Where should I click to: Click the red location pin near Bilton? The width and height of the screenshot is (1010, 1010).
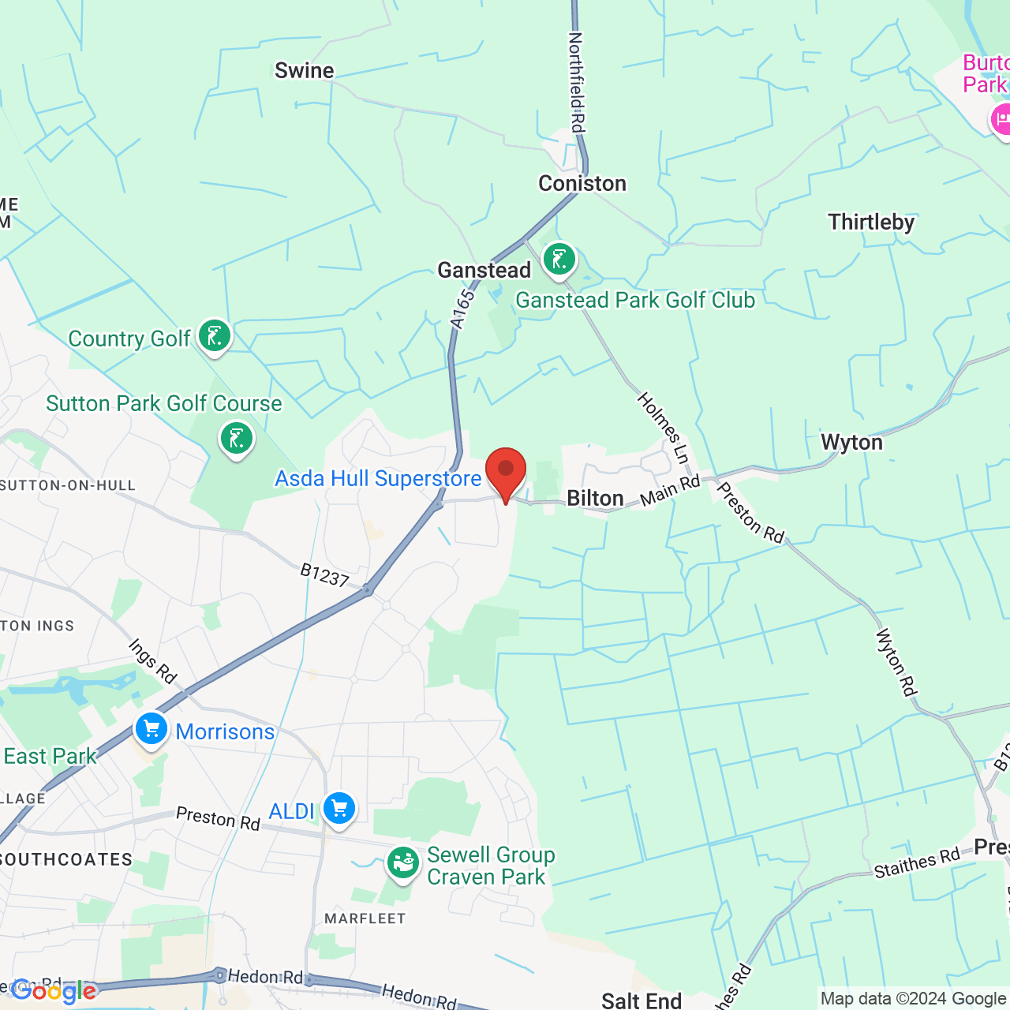pos(506,472)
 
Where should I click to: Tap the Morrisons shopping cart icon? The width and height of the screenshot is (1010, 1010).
pos(151,729)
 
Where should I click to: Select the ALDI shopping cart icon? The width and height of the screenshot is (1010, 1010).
pos(339,809)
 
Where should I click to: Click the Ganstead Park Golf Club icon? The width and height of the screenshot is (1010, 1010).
pos(559,259)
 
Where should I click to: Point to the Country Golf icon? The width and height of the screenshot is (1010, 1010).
pos(214,336)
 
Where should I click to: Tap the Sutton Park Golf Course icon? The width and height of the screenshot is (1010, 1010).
pos(236,438)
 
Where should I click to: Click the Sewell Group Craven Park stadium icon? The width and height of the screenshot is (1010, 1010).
pos(402,862)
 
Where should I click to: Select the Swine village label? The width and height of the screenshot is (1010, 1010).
pos(304,70)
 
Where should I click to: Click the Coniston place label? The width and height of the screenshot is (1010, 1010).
pos(582,183)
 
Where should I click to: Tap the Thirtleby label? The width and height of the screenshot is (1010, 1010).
pos(871,222)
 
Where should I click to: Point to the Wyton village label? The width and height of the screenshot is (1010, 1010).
pos(851,442)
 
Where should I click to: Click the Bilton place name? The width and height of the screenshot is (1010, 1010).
pos(595,498)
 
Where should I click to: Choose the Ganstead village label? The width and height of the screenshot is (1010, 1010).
pos(484,270)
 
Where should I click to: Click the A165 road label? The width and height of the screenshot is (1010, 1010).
pos(462,309)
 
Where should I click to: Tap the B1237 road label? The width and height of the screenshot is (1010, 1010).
pos(324,575)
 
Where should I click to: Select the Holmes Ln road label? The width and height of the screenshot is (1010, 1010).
pos(664,428)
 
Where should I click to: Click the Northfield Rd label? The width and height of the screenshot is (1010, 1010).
pos(577,82)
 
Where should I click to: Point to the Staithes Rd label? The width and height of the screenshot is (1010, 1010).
pos(917,862)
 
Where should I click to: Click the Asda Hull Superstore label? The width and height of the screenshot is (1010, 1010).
pos(378,478)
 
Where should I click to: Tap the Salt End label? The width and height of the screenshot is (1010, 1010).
pos(642,1001)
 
